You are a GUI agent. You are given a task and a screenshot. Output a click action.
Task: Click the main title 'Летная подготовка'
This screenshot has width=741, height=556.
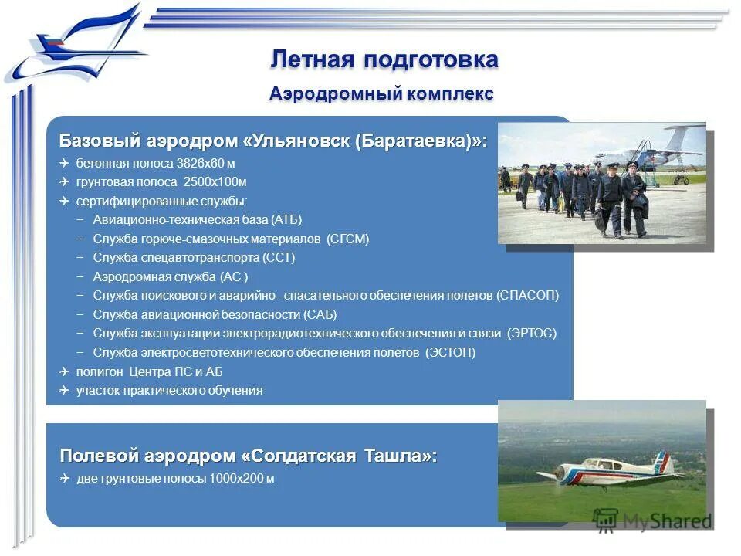[384, 59]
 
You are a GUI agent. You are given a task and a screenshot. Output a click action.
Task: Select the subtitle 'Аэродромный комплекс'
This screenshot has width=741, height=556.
[381, 94]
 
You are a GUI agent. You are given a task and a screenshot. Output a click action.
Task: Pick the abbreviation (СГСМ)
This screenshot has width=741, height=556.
[347, 239]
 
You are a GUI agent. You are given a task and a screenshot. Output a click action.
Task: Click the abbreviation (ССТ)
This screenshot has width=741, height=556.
[279, 257]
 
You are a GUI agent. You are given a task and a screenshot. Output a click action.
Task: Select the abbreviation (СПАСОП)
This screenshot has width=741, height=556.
[527, 295]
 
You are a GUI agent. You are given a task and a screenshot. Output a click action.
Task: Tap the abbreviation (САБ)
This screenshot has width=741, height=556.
[320, 314]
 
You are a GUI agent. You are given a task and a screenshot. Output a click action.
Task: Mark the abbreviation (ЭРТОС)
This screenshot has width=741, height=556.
[531, 333]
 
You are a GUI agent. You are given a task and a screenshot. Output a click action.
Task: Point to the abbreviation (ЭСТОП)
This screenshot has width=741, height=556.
[450, 352]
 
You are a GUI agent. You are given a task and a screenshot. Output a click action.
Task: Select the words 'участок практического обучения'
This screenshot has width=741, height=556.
[169, 390]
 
